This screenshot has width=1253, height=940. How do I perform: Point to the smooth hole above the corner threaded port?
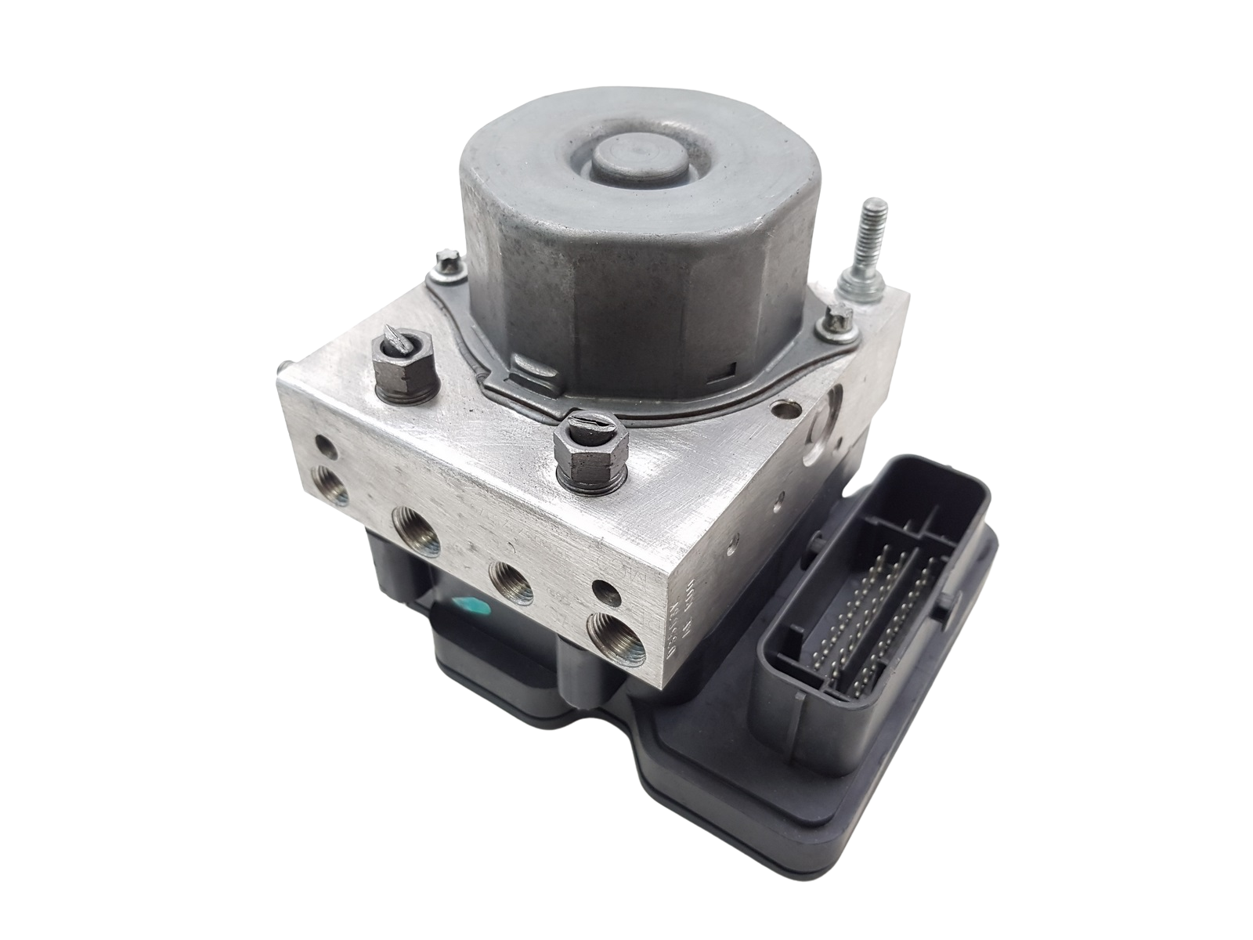pos(604,588)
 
